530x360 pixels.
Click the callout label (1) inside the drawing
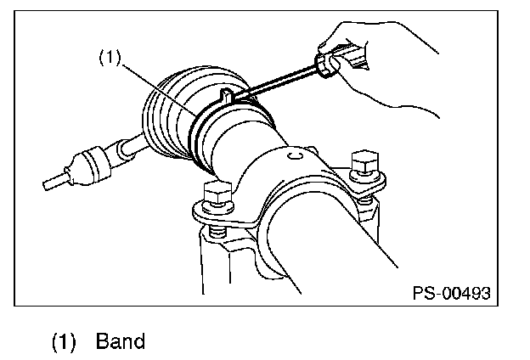(x=110, y=59)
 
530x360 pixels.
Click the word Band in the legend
(x=121, y=341)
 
